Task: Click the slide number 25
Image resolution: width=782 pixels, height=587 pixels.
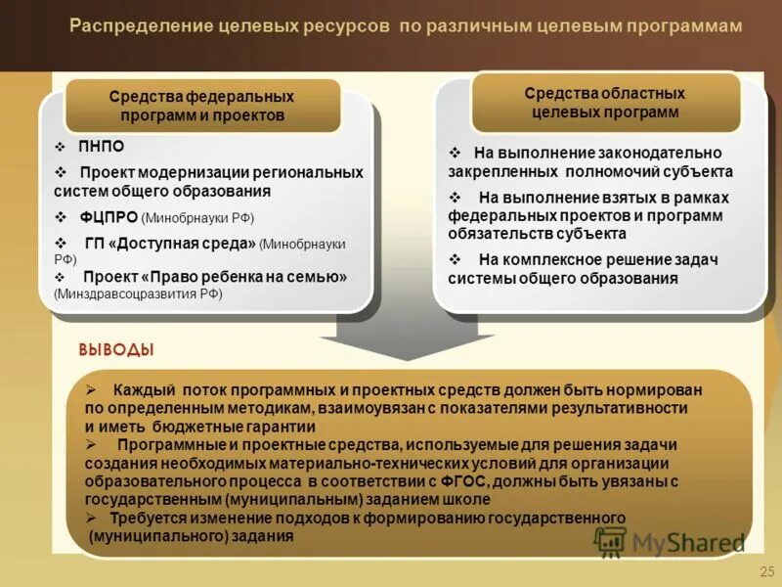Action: click(x=765, y=570)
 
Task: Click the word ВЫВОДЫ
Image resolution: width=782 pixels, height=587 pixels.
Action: click(x=115, y=350)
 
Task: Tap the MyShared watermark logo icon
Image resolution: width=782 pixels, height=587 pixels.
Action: click(x=610, y=541)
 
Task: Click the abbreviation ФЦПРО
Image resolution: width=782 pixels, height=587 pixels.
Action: click(x=109, y=217)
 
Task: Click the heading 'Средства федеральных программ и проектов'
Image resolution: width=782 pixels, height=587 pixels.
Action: click(x=202, y=107)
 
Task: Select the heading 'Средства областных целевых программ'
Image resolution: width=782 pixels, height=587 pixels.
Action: click(x=605, y=103)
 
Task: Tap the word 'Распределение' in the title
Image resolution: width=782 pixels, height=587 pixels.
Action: click(x=129, y=26)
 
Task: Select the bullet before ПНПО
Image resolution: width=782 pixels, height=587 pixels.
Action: click(x=61, y=147)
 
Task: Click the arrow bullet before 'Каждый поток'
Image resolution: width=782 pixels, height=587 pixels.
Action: click(x=90, y=389)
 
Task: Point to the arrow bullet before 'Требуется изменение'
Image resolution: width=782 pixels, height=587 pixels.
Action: click(x=90, y=518)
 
